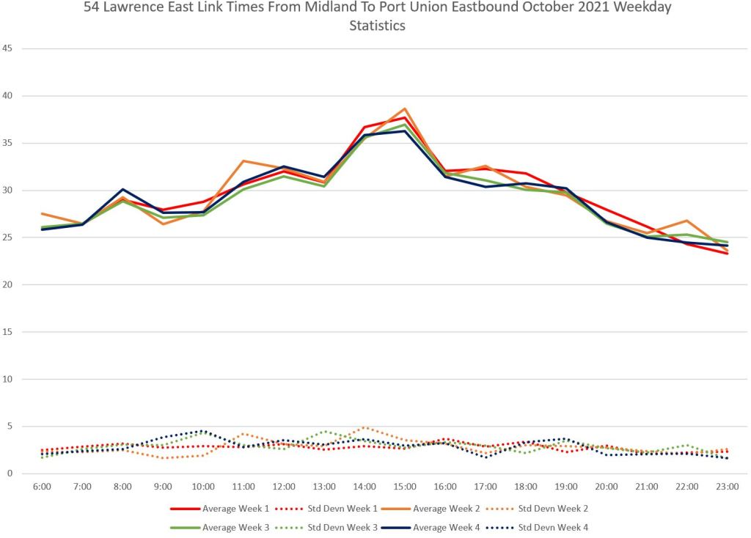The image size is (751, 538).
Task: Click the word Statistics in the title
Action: point(377,26)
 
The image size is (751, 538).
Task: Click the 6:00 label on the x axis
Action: point(42,487)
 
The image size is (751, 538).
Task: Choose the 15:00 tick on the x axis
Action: point(405,487)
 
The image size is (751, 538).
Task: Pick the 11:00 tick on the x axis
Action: point(243,487)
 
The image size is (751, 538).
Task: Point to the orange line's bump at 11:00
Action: point(243,161)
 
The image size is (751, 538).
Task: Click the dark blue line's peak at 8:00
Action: point(122,189)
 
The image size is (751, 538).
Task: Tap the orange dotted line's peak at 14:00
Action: point(364,427)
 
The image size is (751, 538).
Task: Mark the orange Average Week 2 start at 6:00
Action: point(42,214)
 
